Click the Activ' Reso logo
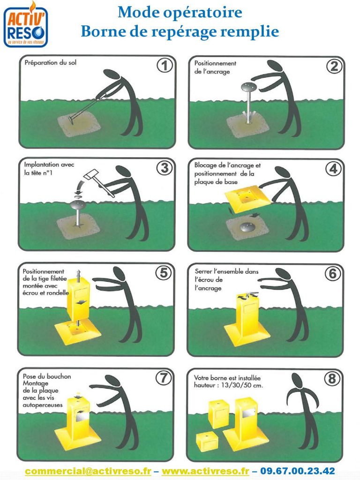[x=26, y=25]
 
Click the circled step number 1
[x=165, y=66]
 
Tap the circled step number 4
[x=333, y=169]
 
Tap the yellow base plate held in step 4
[x=247, y=199]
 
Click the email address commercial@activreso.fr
[x=88, y=471]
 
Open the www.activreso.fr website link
[x=205, y=471]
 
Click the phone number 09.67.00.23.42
[x=298, y=471]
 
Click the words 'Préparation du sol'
[x=51, y=63]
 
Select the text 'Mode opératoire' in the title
[x=180, y=13]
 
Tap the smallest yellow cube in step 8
[x=207, y=441]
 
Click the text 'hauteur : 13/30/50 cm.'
[x=228, y=385]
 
